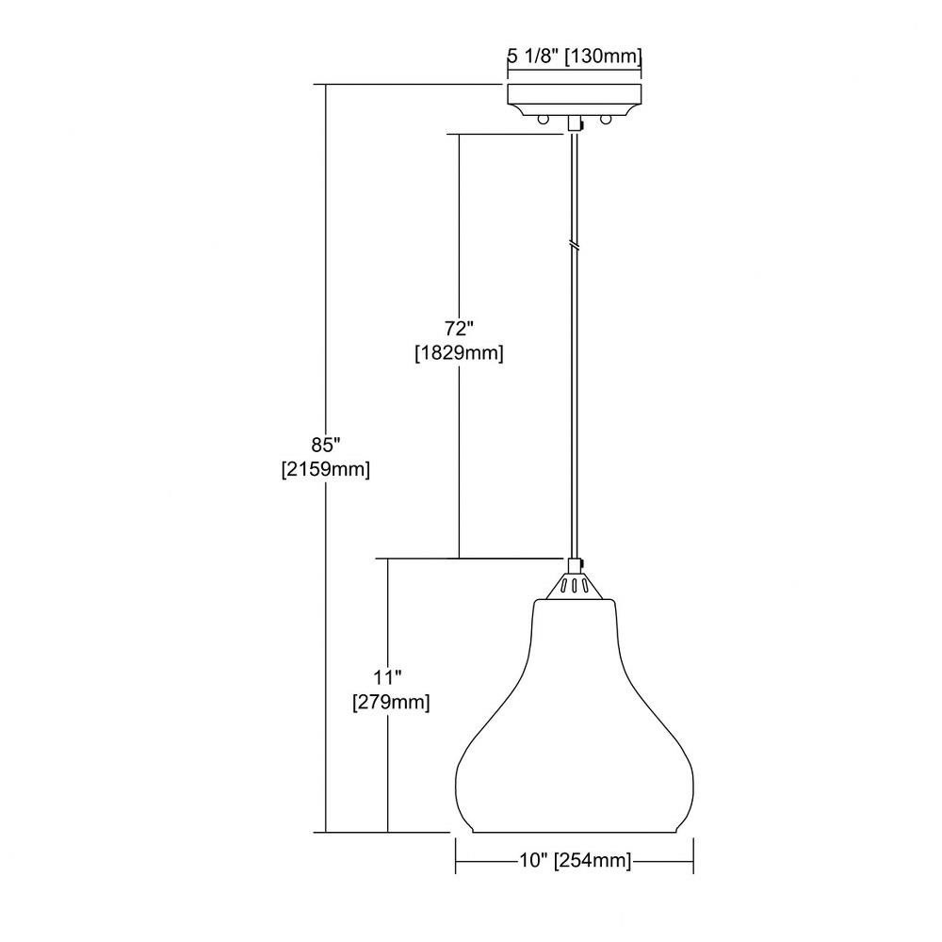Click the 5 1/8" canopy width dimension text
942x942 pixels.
point(535,57)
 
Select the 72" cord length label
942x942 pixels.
point(459,329)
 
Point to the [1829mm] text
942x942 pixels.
point(459,353)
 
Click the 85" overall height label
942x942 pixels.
point(326,446)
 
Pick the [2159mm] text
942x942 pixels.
point(326,470)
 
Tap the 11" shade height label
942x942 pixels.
point(387,677)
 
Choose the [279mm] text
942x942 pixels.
point(391,702)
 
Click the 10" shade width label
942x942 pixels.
point(533,861)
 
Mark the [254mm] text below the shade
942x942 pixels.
point(593,861)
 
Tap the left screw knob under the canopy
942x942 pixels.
point(544,119)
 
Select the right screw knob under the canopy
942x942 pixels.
point(606,119)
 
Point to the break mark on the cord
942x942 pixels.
point(575,245)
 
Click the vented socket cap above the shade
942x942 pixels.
point(575,586)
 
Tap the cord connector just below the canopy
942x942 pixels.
point(576,124)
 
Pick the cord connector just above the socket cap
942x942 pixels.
point(576,564)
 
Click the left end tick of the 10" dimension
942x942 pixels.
point(456,856)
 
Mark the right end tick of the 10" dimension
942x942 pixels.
point(694,856)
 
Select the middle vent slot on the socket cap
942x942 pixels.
point(575,586)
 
